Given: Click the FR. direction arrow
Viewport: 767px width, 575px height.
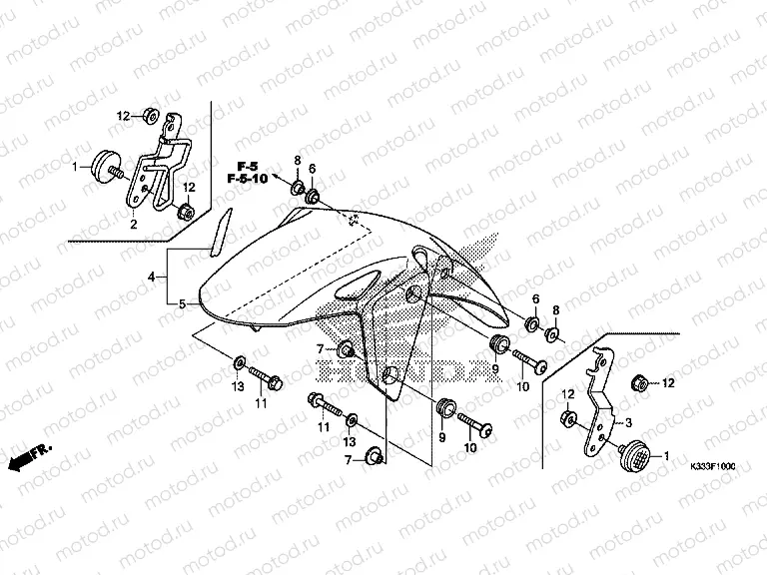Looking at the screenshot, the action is click(x=27, y=458).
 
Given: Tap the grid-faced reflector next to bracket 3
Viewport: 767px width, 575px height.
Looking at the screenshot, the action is click(x=632, y=458).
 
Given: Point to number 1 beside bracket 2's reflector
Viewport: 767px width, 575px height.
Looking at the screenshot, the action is click(x=74, y=168).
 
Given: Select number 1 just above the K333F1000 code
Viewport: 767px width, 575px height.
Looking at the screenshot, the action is click(x=664, y=457).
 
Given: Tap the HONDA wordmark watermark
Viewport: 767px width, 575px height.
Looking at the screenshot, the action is click(x=399, y=370).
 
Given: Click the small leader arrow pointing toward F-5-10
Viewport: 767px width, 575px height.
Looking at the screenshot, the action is click(x=278, y=174).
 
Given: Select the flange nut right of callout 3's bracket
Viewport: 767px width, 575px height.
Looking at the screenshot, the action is click(x=639, y=381).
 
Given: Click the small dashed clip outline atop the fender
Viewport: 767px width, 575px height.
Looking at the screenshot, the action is click(x=353, y=220).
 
